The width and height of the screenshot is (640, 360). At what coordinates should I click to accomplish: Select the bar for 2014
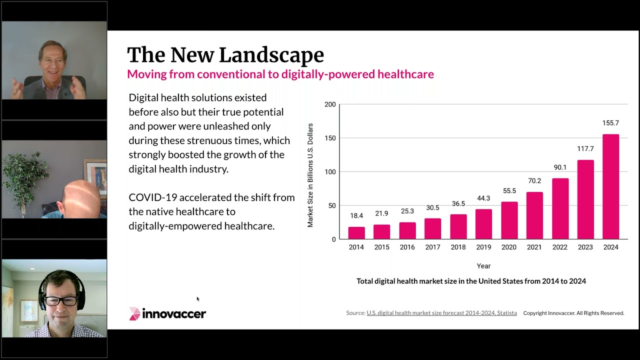pyautogui.click(x=356, y=233)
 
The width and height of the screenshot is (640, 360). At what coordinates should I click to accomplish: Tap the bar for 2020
pyautogui.click(x=509, y=220)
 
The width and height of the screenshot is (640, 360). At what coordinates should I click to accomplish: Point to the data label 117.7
pyautogui.click(x=585, y=149)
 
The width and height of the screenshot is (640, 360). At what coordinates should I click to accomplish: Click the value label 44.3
pyautogui.click(x=483, y=198)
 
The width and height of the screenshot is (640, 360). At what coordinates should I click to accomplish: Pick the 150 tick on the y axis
pyautogui.click(x=330, y=138)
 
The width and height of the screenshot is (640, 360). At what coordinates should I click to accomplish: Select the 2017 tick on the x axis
pyautogui.click(x=432, y=247)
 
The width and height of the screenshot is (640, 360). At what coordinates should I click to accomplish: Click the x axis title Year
pyautogui.click(x=483, y=266)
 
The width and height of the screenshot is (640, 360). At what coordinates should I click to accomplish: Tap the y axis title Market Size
pyautogui.click(x=310, y=175)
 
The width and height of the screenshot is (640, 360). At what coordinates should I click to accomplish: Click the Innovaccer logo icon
pyautogui.click(x=135, y=313)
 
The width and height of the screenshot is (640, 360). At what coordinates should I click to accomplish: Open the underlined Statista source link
pyautogui.click(x=441, y=313)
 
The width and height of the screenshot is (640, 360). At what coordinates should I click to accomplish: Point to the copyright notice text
pyautogui.click(x=573, y=313)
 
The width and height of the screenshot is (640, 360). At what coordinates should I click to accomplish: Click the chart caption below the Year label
pyautogui.click(x=471, y=281)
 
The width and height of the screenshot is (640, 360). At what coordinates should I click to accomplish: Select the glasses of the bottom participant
pyautogui.click(x=61, y=301)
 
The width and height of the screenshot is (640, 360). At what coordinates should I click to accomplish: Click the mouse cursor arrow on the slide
pyautogui.click(x=198, y=299)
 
